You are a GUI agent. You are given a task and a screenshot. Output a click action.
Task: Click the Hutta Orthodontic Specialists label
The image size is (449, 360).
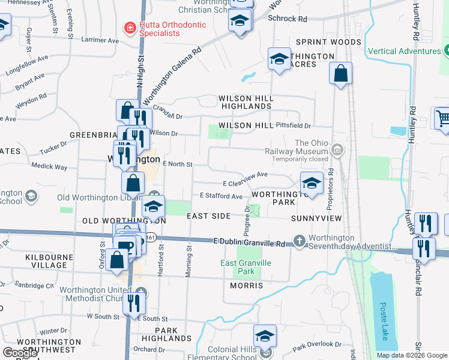pos(164,29)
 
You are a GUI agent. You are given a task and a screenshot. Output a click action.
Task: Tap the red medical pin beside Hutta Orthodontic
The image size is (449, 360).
pos(128,28)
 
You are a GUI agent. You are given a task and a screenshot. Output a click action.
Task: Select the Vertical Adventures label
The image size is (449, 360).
pos(405,51)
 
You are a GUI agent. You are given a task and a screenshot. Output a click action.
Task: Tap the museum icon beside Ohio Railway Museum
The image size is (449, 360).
pos(337,149)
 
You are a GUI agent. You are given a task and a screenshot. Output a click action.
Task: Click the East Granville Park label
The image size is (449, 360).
pos(246,267)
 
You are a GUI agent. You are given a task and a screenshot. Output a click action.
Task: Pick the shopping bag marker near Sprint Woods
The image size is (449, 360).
pos(340,74)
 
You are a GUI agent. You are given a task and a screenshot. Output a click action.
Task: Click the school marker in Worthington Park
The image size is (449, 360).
pos(312,183)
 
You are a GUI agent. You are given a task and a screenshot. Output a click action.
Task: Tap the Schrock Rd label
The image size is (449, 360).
pos(288,19)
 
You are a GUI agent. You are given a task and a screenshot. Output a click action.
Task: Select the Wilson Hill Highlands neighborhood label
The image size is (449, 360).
pos(246,102)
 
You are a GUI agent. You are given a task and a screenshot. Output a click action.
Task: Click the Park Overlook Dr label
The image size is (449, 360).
pos(318,346)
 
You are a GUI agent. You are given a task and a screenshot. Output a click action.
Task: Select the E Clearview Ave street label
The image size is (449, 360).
pos(245,176)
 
